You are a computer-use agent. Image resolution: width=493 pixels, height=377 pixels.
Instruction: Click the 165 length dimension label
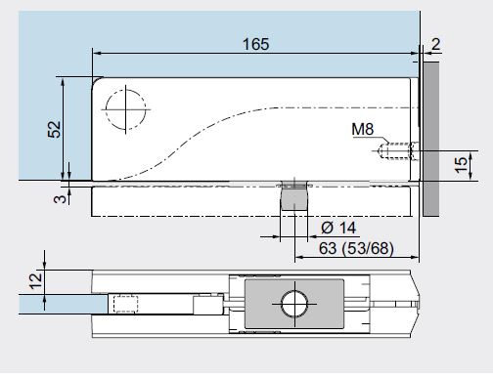click(x=256, y=44)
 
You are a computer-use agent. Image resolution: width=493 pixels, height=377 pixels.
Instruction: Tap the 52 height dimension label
click(x=54, y=129)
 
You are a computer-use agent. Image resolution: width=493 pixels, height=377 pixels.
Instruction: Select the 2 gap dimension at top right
click(x=436, y=44)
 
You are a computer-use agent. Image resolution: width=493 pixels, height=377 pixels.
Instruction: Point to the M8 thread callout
click(x=363, y=129)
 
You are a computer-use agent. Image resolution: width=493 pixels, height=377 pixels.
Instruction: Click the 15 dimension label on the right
click(x=461, y=165)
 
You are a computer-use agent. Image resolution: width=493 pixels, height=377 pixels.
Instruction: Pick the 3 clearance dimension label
click(x=60, y=198)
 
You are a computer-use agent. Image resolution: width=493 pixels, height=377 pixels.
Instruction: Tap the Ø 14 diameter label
click(x=338, y=228)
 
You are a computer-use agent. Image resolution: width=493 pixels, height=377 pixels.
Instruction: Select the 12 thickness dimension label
click(x=36, y=281)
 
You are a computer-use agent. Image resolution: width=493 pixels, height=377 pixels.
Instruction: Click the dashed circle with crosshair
click(x=126, y=109)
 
